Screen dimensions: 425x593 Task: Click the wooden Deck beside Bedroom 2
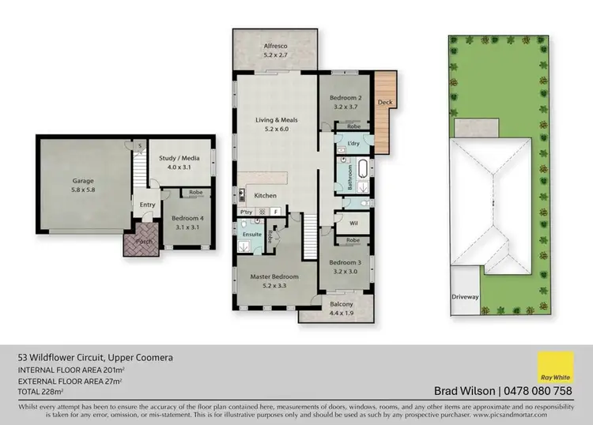click(x=384, y=103)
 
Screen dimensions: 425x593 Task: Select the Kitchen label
click(x=265, y=194)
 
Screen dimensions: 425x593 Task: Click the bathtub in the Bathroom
click(x=361, y=169)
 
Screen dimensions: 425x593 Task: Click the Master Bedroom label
click(x=274, y=276)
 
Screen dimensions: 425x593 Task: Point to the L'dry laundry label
click(x=353, y=143)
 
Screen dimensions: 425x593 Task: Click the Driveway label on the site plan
click(x=466, y=297)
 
